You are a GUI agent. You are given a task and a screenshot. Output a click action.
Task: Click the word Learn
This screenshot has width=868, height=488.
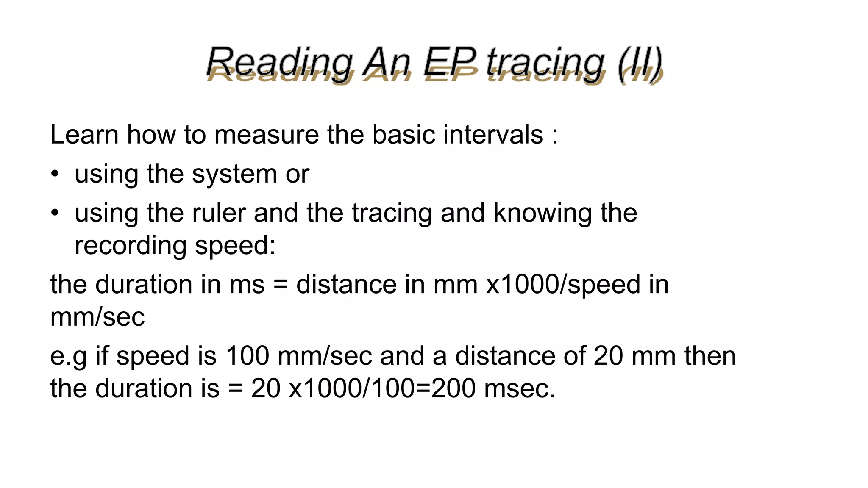pos(84,135)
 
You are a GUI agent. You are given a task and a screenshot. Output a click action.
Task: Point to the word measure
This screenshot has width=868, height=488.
pos(266,135)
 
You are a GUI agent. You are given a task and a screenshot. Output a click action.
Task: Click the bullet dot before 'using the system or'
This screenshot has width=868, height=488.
pos(55,174)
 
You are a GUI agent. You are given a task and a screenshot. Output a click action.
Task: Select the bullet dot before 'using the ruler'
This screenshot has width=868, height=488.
pos(55,213)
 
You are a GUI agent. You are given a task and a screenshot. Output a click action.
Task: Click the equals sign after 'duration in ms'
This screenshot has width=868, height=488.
pos(280,284)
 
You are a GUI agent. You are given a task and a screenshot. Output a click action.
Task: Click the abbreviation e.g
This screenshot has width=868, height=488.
pos(68,357)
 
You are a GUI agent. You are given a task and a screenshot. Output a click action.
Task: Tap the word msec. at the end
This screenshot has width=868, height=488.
pos(519,388)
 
